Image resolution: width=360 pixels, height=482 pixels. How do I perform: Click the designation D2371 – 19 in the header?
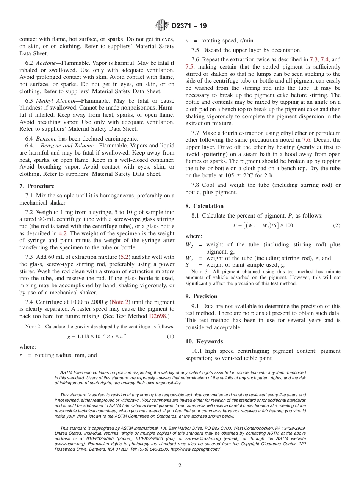189,26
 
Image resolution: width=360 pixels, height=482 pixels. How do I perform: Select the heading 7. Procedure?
37,186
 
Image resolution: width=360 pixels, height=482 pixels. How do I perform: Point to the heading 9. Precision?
202,296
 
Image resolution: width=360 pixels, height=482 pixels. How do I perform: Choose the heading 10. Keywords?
204,341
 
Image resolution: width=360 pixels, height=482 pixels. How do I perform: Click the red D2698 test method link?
157,316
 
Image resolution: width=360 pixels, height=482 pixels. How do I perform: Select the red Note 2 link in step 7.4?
120,302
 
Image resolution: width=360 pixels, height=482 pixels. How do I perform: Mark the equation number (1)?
171,336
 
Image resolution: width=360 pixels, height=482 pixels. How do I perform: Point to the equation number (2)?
337,225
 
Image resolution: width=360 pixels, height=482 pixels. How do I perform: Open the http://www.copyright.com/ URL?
195,449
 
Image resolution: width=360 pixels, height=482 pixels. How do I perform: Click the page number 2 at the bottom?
180,466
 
